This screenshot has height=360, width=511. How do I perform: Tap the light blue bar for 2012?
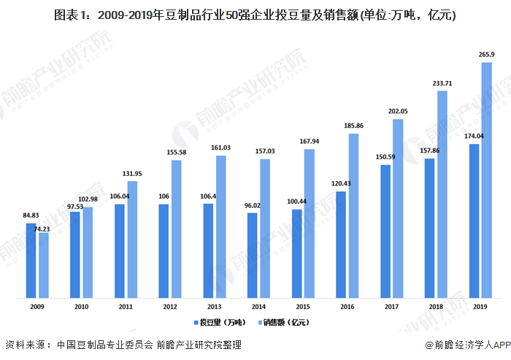tap(177, 229)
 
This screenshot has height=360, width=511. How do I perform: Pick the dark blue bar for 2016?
tap(341, 245)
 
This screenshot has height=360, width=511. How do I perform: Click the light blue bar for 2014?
tap(265, 228)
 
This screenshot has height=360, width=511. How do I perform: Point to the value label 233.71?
tap(442, 83)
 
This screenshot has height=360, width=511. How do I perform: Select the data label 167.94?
tap(310, 142)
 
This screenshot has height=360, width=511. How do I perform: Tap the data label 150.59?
tap(385, 157)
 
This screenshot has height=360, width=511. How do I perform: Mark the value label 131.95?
tap(132, 173)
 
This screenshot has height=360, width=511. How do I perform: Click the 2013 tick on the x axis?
tap(215, 307)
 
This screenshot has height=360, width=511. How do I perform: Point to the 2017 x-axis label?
tap(391, 307)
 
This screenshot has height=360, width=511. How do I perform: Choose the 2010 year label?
tap(82, 307)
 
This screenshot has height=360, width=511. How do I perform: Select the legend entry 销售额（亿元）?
tap(285, 321)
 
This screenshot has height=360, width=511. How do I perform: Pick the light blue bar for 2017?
tap(398, 208)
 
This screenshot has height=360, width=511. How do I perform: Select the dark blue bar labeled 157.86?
tap(430, 228)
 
